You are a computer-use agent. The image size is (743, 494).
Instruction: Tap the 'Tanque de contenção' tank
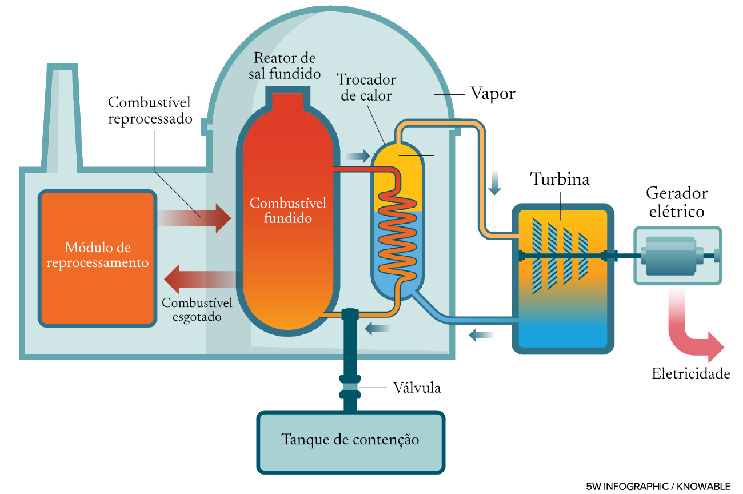350,440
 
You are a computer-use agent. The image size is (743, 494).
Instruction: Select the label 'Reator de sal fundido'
285,66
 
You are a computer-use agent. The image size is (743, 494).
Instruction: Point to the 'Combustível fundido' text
288,210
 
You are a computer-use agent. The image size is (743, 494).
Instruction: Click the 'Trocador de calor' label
366,87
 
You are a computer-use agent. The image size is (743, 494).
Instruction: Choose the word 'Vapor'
493,94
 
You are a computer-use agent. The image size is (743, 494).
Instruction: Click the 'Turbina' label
560,179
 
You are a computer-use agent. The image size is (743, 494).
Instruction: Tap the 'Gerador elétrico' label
677,202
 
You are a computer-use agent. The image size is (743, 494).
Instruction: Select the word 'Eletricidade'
691,374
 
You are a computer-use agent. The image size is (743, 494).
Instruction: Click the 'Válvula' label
417,388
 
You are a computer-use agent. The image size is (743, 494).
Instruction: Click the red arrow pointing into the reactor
197,218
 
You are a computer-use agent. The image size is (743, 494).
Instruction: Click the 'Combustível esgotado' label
197,309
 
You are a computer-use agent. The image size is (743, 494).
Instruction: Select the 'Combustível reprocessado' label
149,111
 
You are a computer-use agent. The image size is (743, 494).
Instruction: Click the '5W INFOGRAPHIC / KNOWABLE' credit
658,486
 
